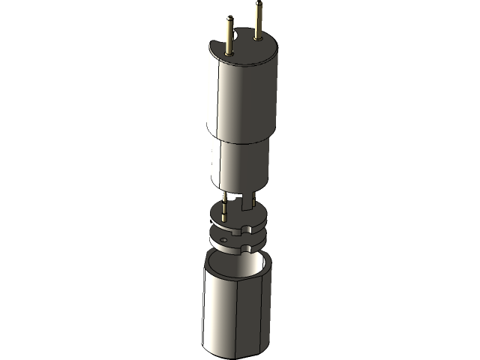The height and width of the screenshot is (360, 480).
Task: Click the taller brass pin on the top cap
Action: pos(258,22)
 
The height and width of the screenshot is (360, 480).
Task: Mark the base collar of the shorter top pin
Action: pos(227,53)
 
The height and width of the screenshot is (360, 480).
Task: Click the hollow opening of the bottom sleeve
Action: pos(236,262)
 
